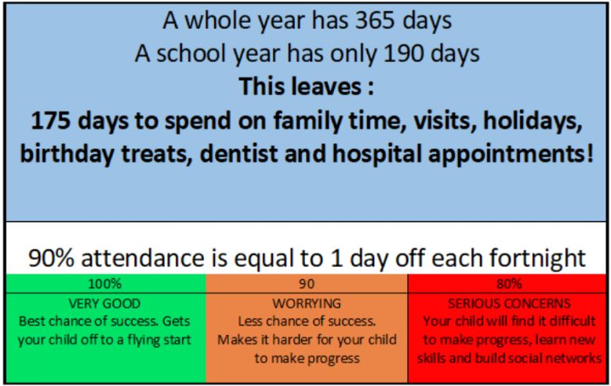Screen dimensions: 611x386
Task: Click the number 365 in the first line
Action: point(375,20)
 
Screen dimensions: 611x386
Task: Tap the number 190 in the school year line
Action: point(404,53)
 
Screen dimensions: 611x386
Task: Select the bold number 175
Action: point(50,121)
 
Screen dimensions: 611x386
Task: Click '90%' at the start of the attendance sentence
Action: point(51,258)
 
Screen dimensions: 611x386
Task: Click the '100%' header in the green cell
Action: point(105,283)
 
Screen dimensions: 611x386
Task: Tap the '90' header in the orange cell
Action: point(307,283)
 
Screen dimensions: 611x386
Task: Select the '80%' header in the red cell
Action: point(509,283)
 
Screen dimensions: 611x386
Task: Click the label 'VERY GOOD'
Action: point(104,304)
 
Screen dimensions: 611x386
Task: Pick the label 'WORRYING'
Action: point(307,304)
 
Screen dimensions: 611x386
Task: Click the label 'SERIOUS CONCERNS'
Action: point(509,304)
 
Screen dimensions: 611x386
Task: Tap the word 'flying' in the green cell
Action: point(144,340)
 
